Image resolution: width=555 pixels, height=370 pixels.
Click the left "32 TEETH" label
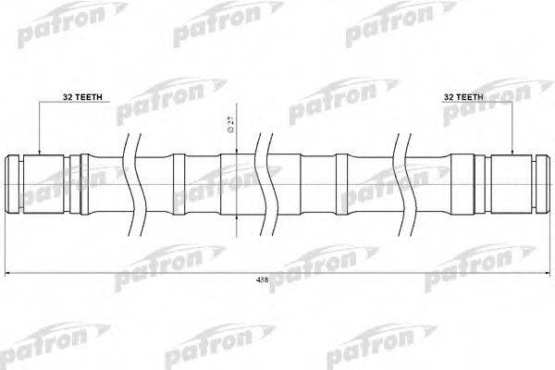pos(57,95)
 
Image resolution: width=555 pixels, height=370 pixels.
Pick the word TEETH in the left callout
pos(65,95)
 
